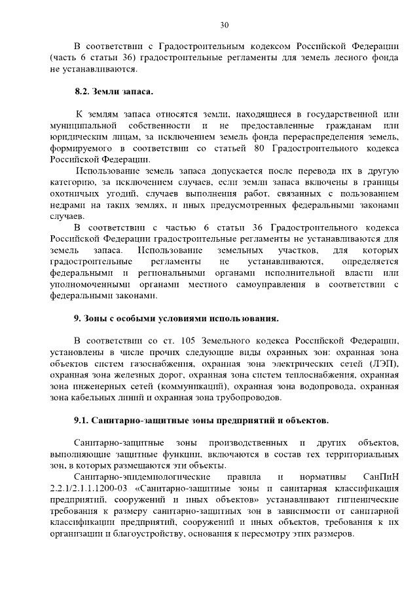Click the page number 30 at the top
point(225,26)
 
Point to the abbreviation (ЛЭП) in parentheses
point(384,363)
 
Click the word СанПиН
point(380,477)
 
